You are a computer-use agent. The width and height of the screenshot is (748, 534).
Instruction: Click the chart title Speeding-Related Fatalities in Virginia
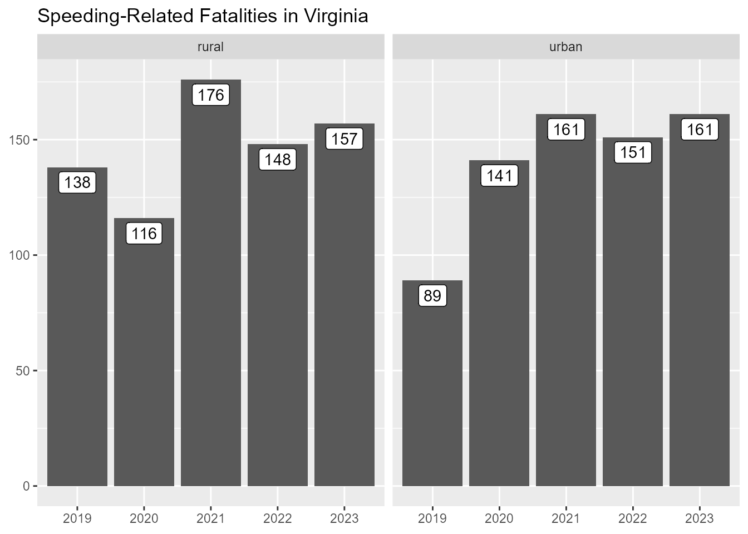click(x=203, y=16)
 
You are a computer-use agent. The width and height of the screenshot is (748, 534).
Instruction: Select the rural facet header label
click(x=210, y=47)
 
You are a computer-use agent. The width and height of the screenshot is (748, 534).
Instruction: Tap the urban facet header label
click(x=565, y=47)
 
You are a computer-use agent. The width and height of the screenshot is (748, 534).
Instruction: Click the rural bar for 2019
click(x=77, y=334)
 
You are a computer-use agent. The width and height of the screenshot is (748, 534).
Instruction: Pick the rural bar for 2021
click(x=211, y=289)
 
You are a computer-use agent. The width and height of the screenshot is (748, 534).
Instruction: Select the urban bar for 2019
click(x=432, y=389)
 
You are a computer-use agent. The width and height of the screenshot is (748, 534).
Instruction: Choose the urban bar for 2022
click(x=633, y=323)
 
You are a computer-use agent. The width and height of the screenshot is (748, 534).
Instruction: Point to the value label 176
click(x=211, y=95)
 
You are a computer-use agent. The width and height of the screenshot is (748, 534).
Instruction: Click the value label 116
click(x=144, y=234)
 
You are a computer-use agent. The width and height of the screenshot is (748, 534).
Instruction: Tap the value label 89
click(x=432, y=296)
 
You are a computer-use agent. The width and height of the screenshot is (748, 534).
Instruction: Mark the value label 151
click(x=633, y=152)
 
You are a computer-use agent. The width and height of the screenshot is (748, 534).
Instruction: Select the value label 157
click(x=345, y=139)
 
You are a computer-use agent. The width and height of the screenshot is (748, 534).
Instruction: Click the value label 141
click(x=499, y=176)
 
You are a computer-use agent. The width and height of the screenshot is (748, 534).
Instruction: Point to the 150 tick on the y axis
click(x=22, y=140)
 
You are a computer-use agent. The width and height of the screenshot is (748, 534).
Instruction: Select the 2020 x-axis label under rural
click(x=144, y=519)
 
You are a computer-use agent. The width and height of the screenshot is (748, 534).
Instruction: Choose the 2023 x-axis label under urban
click(x=700, y=519)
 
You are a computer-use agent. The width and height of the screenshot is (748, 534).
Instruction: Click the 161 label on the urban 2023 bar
click(x=700, y=130)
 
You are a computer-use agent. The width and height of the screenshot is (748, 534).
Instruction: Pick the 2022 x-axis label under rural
click(x=278, y=519)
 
